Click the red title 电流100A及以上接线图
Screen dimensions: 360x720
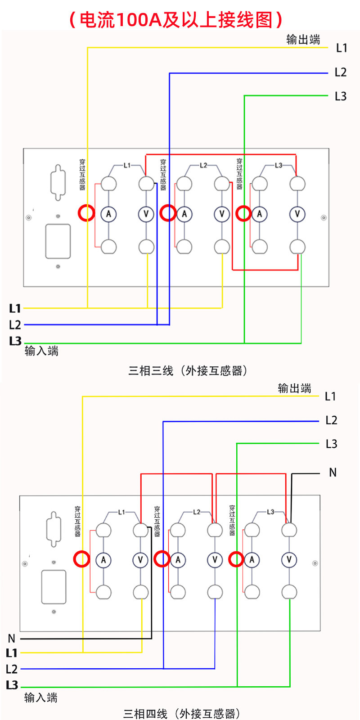[175, 20]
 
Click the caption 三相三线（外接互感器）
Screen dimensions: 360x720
[188, 371]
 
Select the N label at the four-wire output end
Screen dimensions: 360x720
[333, 472]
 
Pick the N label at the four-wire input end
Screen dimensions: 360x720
[12, 638]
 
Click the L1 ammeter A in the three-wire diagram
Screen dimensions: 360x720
[108, 214]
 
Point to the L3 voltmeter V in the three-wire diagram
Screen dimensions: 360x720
[297, 214]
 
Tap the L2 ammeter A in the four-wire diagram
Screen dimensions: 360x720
[178, 560]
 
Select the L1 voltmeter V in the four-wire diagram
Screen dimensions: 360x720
[140, 560]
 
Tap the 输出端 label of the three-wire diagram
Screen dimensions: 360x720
[303, 40]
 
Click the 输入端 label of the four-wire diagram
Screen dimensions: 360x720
[41, 698]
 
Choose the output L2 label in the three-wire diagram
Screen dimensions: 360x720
[341, 72]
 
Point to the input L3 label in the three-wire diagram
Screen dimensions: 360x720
[15, 341]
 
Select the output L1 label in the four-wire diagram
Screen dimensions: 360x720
[330, 396]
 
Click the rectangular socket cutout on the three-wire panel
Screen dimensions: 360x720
[58, 241]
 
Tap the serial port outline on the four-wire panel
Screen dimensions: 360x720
[54, 529]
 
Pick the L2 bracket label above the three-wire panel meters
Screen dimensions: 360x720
[203, 165]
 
